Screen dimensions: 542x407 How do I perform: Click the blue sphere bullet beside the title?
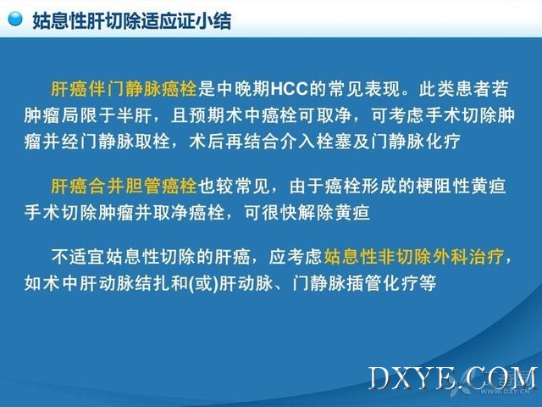15,19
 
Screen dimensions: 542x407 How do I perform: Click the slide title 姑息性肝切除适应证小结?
132,20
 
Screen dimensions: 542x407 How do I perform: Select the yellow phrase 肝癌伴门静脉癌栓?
124,89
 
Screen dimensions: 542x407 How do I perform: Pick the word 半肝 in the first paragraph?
133,115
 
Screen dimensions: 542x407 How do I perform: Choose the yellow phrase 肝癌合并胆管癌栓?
124,186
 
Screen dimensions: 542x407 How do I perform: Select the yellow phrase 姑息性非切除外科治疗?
414,257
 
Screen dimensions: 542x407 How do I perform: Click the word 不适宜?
78,257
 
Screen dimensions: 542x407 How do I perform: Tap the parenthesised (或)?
204,283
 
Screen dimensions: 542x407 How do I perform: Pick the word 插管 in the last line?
364,283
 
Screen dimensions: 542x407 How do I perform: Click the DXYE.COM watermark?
453,378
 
